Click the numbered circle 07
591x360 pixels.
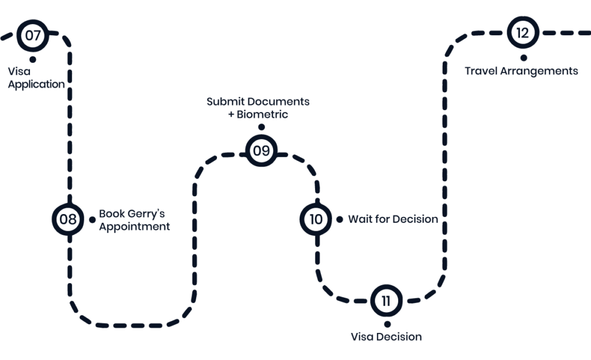point(33,35)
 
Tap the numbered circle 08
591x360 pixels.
point(68,219)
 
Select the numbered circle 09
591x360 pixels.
point(261,151)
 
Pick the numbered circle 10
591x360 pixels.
point(316,219)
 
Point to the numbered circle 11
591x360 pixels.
point(386,301)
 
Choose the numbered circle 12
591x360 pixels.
point(522,33)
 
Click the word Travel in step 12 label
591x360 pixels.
point(481,72)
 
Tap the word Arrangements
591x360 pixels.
point(539,72)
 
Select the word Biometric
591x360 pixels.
point(263,114)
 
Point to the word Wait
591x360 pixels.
point(360,219)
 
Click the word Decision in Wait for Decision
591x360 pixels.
point(414,219)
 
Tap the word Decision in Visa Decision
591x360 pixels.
point(399,336)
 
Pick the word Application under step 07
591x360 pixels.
point(36,84)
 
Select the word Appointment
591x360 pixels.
point(134,227)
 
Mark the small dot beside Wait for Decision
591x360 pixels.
point(339,219)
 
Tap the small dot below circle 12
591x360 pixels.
point(523,57)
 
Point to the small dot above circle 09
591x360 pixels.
point(261,127)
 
